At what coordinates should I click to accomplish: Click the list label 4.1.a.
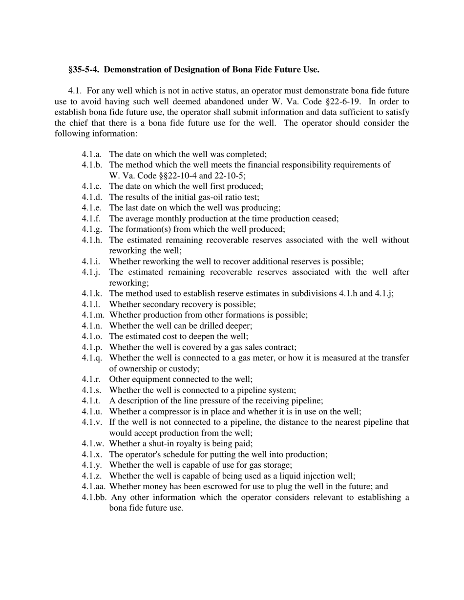click(92, 154)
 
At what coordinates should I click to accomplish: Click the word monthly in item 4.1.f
click(170, 219)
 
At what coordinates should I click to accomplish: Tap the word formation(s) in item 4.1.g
click(149, 229)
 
